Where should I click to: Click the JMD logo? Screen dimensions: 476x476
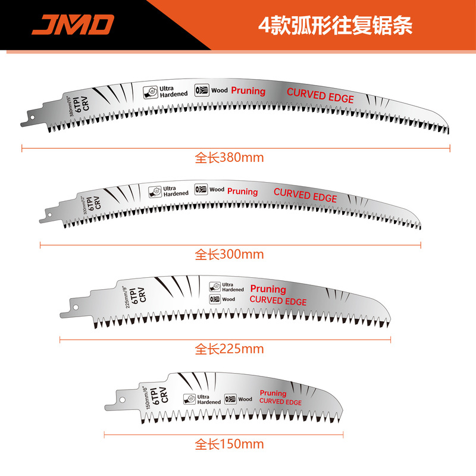coord(72,25)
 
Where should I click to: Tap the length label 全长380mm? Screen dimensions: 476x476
coord(229,158)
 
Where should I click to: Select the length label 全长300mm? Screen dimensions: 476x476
coord(229,254)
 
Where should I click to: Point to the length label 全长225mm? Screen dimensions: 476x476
coord(229,348)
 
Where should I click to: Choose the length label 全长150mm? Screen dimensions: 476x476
coord(229,444)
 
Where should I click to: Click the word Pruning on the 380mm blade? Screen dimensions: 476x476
coord(248,91)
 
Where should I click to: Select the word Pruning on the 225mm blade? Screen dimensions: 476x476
coord(268,289)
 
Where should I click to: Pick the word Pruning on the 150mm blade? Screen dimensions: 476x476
coord(273,393)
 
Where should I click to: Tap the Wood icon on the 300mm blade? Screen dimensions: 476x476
coord(201,189)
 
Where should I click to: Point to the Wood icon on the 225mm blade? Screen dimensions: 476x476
coord(215,299)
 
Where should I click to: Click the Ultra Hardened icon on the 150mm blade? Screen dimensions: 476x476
coord(190,399)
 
